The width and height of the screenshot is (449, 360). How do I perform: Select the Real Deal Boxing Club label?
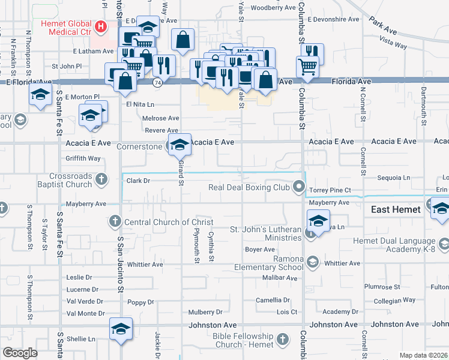(x=249, y=188)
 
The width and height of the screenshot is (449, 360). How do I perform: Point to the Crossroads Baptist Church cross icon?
(x=101, y=179)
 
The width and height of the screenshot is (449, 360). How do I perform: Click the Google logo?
(x=20, y=353)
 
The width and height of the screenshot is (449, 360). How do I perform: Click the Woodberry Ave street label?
(x=274, y=8)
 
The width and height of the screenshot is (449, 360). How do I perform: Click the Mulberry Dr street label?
(x=205, y=312)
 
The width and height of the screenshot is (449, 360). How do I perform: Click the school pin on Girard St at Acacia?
(x=179, y=145)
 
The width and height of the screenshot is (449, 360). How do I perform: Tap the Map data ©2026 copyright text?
(x=423, y=355)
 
